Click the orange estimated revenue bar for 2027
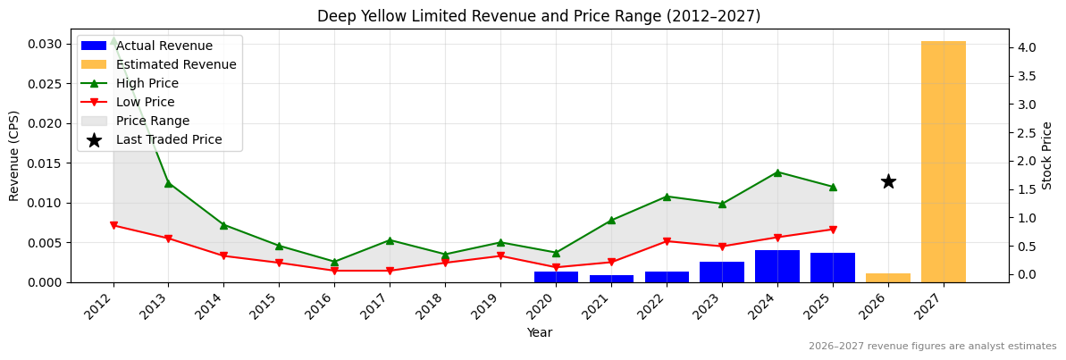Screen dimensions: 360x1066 943,162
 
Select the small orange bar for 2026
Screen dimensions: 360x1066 887,278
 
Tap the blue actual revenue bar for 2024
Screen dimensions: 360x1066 776,266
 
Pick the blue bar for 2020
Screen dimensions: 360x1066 556,277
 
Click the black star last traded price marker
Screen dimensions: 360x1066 888,181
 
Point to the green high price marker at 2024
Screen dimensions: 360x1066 776,172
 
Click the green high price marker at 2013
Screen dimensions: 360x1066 168,183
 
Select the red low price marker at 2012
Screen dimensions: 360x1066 113,225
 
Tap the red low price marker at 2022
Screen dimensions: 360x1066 667,241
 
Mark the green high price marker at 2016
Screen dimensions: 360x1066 334,262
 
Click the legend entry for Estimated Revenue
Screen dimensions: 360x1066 176,65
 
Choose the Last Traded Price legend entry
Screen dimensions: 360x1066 169,140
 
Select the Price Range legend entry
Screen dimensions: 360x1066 153,121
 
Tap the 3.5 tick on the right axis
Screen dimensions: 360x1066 1026,76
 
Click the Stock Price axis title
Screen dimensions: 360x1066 1047,155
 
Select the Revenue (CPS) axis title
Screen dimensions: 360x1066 14,155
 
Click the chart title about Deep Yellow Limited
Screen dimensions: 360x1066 539,16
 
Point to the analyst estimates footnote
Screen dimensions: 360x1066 932,347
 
